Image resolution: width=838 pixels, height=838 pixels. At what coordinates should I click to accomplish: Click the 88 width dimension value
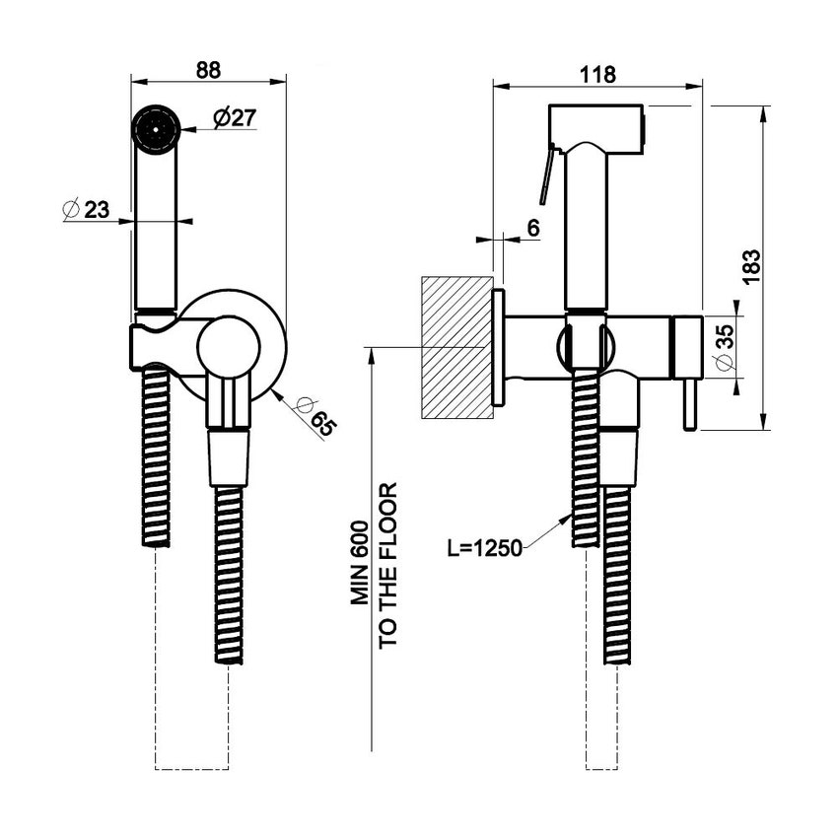pyautogui.click(x=208, y=70)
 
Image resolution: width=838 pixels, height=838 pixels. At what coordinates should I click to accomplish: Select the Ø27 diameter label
pyautogui.click(x=234, y=117)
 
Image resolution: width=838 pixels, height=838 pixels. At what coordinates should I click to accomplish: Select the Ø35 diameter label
pyautogui.click(x=726, y=347)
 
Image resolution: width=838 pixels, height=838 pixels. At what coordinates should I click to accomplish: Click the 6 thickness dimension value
pyautogui.click(x=532, y=228)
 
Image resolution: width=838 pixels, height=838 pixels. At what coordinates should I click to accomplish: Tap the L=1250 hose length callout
pyautogui.click(x=484, y=548)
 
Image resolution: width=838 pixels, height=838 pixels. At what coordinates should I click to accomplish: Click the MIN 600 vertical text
pyautogui.click(x=362, y=562)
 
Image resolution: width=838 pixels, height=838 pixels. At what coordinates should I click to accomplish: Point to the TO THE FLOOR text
pyautogui.click(x=388, y=564)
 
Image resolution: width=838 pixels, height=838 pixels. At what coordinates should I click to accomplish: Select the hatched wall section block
pyautogui.click(x=456, y=347)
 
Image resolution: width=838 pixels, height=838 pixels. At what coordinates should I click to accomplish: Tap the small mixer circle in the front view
pyautogui.click(x=228, y=348)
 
